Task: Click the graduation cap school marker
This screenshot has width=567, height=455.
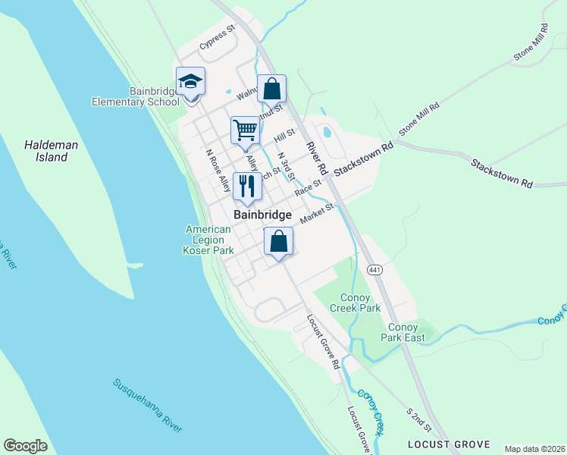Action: [190, 82]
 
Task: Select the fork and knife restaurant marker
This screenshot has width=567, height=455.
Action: [247, 186]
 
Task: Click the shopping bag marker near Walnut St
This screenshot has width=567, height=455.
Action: [271, 89]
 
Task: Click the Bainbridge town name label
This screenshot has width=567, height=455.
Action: [262, 215]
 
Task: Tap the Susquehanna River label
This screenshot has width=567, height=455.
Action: [149, 406]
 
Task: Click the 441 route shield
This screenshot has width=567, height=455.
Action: [374, 270]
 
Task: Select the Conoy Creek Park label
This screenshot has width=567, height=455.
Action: [356, 303]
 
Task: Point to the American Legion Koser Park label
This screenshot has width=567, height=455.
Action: [208, 240]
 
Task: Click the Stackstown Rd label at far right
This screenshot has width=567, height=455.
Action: [502, 174]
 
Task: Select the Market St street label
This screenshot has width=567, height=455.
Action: [317, 214]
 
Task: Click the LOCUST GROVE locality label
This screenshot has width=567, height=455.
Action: [448, 444]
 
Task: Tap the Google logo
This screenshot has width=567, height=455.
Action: [25, 446]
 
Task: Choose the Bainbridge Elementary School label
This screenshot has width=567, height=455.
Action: [136, 96]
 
